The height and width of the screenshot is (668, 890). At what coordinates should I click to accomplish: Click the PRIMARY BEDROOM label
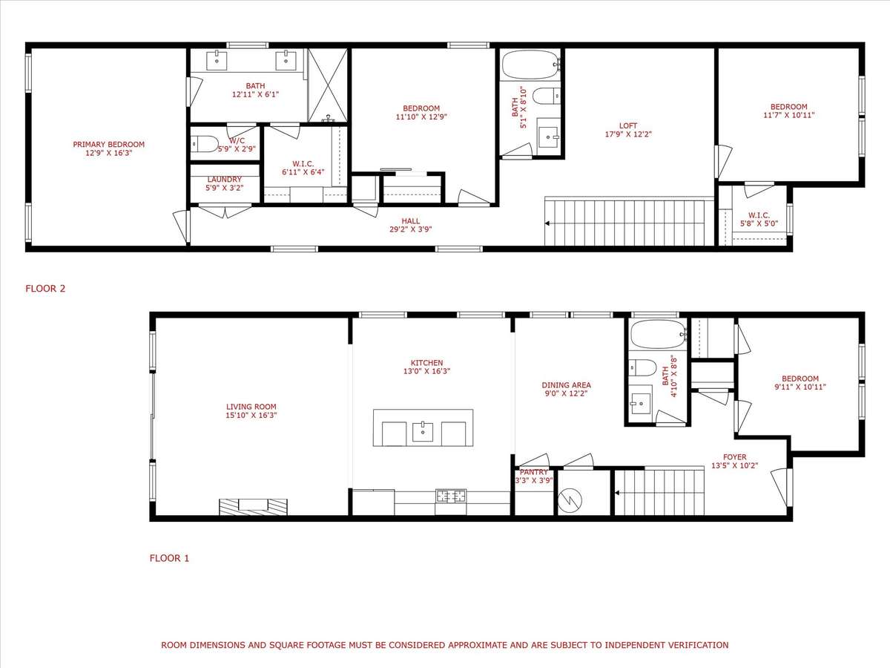tap(109, 145)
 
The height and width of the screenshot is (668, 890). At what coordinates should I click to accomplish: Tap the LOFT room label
tap(628, 125)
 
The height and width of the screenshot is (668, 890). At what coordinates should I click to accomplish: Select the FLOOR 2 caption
tap(45, 289)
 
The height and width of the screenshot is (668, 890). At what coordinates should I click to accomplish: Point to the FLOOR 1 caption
tap(170, 558)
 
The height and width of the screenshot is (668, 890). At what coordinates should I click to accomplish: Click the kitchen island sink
tap(423, 432)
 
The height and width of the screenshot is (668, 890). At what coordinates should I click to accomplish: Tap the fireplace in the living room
tap(254, 507)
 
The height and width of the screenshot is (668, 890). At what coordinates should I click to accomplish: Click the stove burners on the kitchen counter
tap(450, 496)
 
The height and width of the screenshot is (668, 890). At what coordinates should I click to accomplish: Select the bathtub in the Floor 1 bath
tap(657, 334)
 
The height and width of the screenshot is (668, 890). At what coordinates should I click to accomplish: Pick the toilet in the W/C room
tap(205, 143)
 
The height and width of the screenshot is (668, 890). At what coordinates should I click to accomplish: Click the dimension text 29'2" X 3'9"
tap(411, 229)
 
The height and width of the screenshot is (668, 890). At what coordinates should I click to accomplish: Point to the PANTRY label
tap(533, 472)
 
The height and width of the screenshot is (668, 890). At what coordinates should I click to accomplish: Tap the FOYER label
tap(735, 457)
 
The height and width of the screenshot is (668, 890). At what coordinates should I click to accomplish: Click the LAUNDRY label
tap(224, 180)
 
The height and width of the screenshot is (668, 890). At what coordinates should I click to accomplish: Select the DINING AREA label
tap(567, 385)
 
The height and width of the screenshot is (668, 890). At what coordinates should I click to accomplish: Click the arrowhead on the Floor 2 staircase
tap(547, 223)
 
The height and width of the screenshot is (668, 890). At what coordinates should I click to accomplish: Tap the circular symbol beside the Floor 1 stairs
tap(570, 500)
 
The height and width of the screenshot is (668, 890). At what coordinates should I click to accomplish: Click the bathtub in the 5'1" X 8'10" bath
tap(532, 65)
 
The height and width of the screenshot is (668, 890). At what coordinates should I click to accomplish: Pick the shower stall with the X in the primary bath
tap(328, 85)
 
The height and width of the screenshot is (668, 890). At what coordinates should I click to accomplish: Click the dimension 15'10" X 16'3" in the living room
tap(251, 415)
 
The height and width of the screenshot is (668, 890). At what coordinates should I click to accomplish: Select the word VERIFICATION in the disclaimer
tap(699, 645)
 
